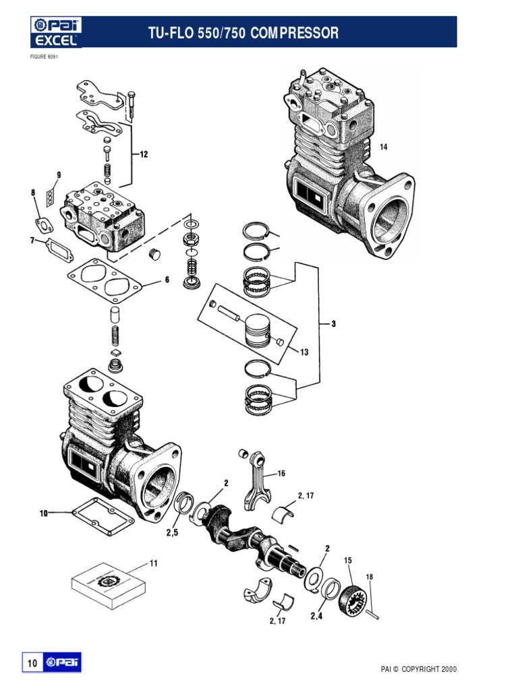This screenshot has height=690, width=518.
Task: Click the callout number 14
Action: [384, 147]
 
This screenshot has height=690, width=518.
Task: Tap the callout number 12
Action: [144, 154]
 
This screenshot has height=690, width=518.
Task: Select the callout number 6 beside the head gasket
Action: [167, 280]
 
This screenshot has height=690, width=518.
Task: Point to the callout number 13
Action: [304, 352]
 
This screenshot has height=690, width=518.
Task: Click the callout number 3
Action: [333, 324]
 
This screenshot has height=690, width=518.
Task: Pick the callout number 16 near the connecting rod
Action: [281, 474]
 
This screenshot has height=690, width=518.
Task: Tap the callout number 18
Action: [369, 577]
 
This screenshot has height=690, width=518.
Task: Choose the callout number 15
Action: [348, 560]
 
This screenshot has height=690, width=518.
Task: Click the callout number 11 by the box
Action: [153, 563]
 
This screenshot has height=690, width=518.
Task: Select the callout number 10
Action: [44, 513]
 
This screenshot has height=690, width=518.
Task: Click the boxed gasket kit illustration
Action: [109, 586]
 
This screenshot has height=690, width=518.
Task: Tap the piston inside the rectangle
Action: [257, 330]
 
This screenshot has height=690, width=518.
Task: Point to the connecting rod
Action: [256, 481]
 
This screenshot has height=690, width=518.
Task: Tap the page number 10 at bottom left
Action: [32, 663]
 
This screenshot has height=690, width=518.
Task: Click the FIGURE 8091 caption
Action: [44, 57]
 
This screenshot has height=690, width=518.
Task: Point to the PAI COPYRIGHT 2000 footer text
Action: [418, 669]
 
